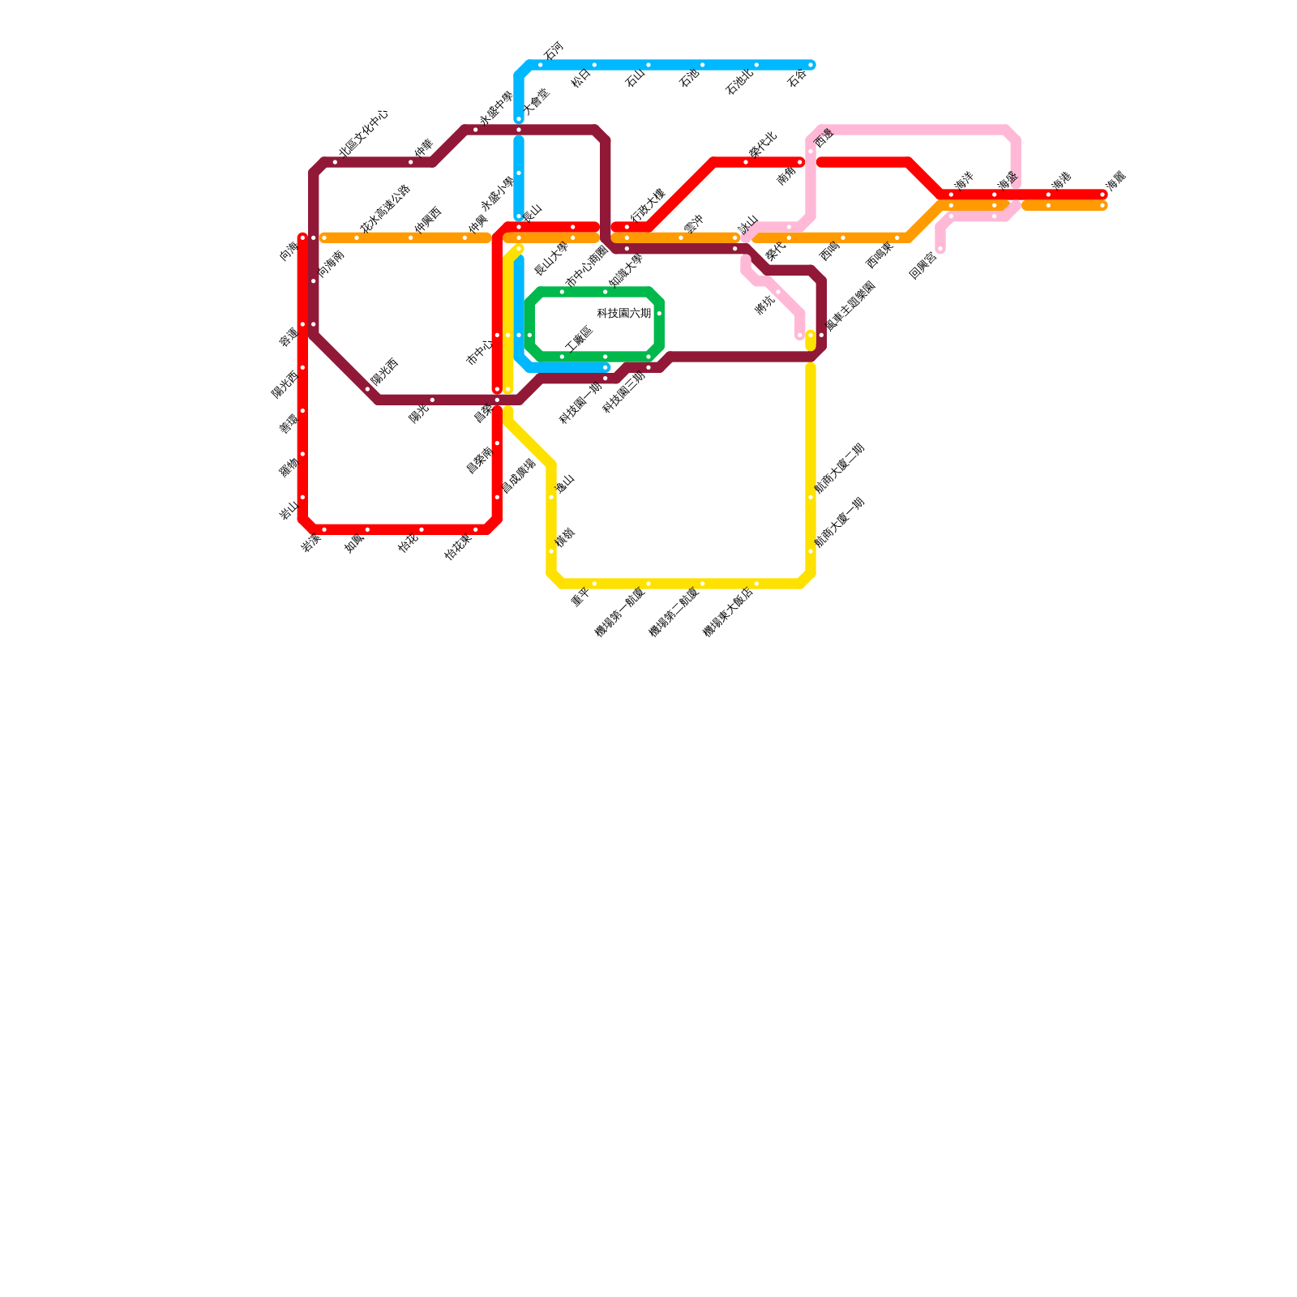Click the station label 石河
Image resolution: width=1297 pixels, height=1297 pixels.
click(553, 50)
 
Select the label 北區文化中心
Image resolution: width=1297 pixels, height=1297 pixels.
click(364, 133)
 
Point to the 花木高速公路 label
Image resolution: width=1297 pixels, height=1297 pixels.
click(386, 209)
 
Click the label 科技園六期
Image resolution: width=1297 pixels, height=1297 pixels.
click(624, 314)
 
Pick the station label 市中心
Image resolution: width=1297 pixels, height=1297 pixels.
click(479, 353)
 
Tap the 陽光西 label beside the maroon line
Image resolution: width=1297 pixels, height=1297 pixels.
click(385, 371)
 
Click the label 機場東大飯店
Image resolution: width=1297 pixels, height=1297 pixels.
click(728, 612)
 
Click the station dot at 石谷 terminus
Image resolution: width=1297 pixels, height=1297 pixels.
click(811, 65)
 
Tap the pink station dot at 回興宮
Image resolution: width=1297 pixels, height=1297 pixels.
click(940, 249)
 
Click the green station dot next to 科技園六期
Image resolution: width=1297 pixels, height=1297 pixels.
click(659, 314)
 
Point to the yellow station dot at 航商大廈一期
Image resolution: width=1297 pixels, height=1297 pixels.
click(811, 551)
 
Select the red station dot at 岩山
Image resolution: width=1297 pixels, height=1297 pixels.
click(302, 498)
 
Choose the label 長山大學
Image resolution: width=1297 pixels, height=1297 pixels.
click(552, 259)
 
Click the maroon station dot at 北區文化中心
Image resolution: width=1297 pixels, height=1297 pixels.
click(335, 162)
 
